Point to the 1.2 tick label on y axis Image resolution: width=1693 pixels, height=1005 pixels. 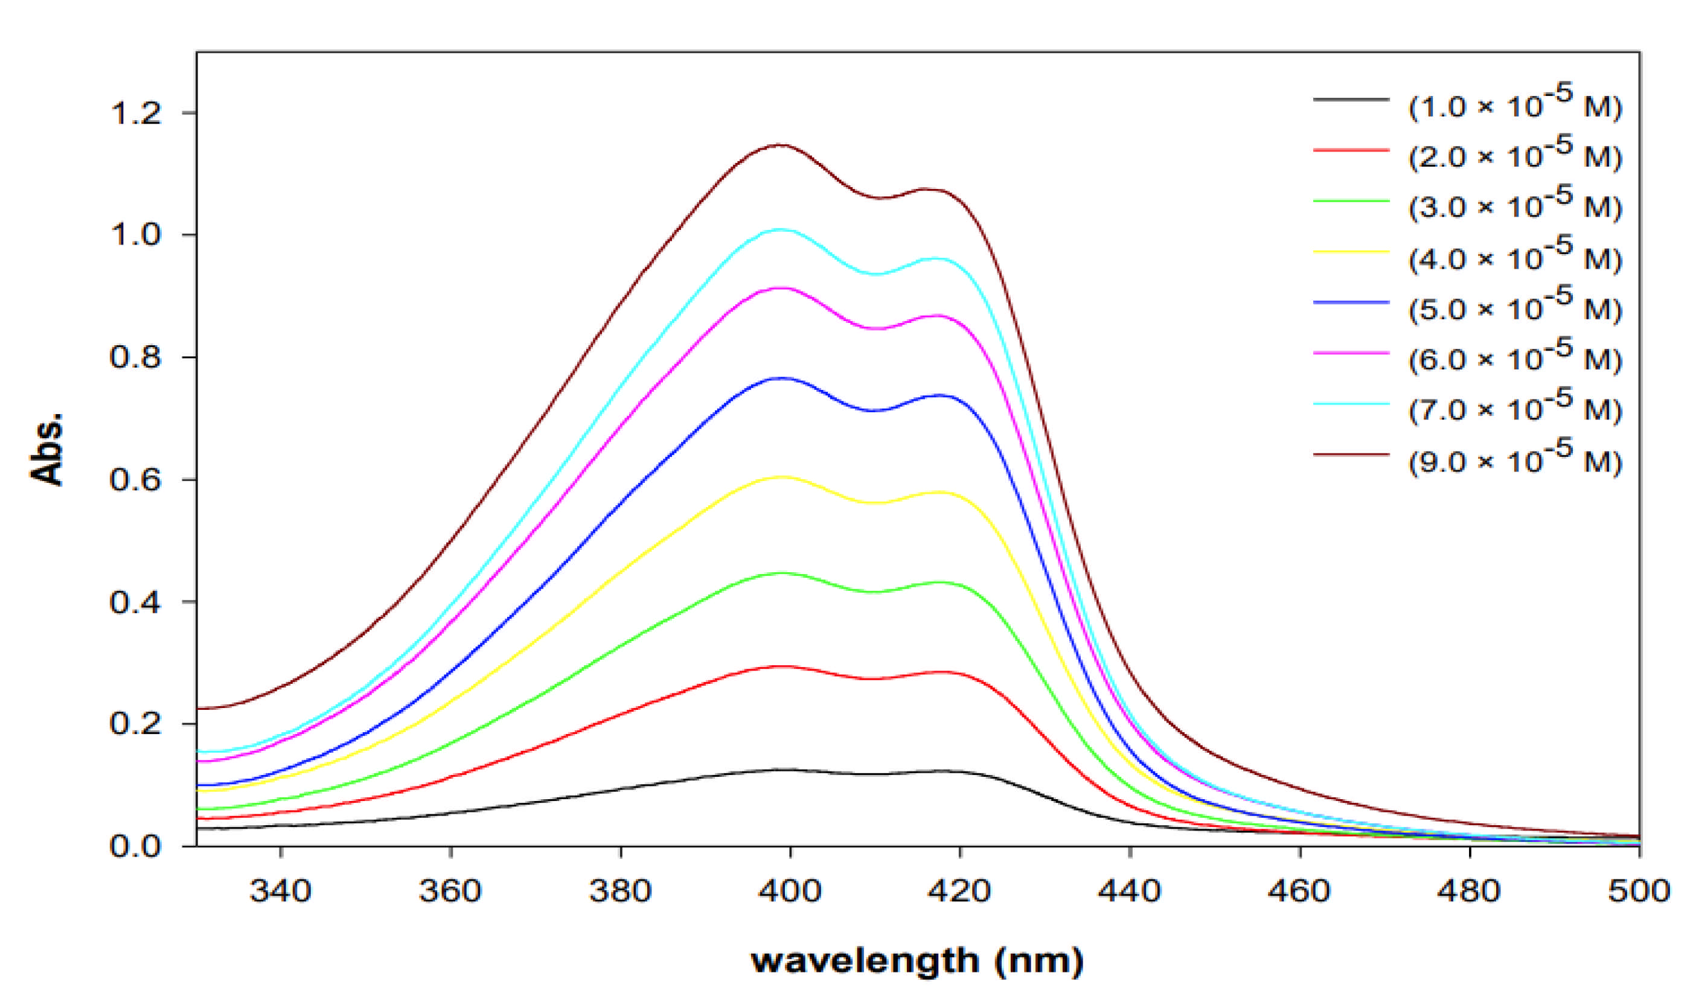coord(135,113)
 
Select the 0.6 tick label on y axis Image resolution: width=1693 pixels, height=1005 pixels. coord(135,480)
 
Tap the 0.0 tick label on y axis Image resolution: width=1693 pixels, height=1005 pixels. coord(135,846)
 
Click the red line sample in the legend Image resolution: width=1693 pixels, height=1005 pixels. coord(1351,150)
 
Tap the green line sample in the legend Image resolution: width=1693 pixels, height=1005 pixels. coord(1351,201)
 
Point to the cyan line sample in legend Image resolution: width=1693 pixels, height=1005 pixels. coord(1351,404)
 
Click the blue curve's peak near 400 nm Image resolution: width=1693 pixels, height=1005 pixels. coord(781,378)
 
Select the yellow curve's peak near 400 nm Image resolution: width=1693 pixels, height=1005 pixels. coord(781,477)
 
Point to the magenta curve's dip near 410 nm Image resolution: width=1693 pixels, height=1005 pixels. coord(875,329)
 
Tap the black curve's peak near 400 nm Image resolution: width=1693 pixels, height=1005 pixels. coord(782,770)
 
